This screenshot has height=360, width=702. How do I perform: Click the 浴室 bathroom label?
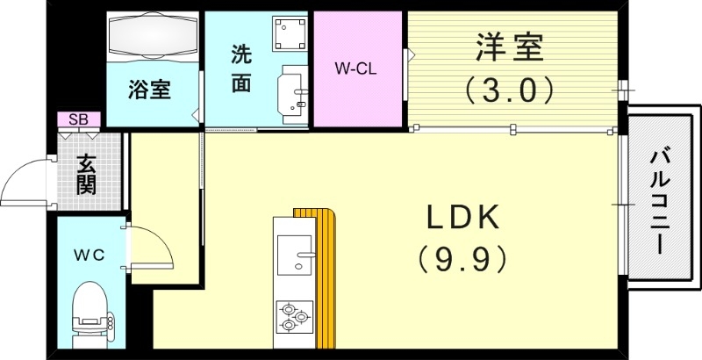pyautogui.click(x=150, y=90)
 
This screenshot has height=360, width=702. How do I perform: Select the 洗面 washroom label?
pyautogui.click(x=241, y=68)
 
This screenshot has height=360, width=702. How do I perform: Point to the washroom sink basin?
pyautogui.click(x=292, y=90)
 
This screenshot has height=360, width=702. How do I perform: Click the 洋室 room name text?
pyautogui.click(x=510, y=47)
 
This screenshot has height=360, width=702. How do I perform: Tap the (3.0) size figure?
pyautogui.click(x=510, y=89)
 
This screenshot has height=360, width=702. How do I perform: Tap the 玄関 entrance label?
pyautogui.click(x=86, y=174)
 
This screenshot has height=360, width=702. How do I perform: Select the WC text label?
pyautogui.click(x=90, y=255)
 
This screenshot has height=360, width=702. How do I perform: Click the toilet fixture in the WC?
pyautogui.click(x=90, y=313)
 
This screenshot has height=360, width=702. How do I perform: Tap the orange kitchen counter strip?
pyautogui.click(x=326, y=272)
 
